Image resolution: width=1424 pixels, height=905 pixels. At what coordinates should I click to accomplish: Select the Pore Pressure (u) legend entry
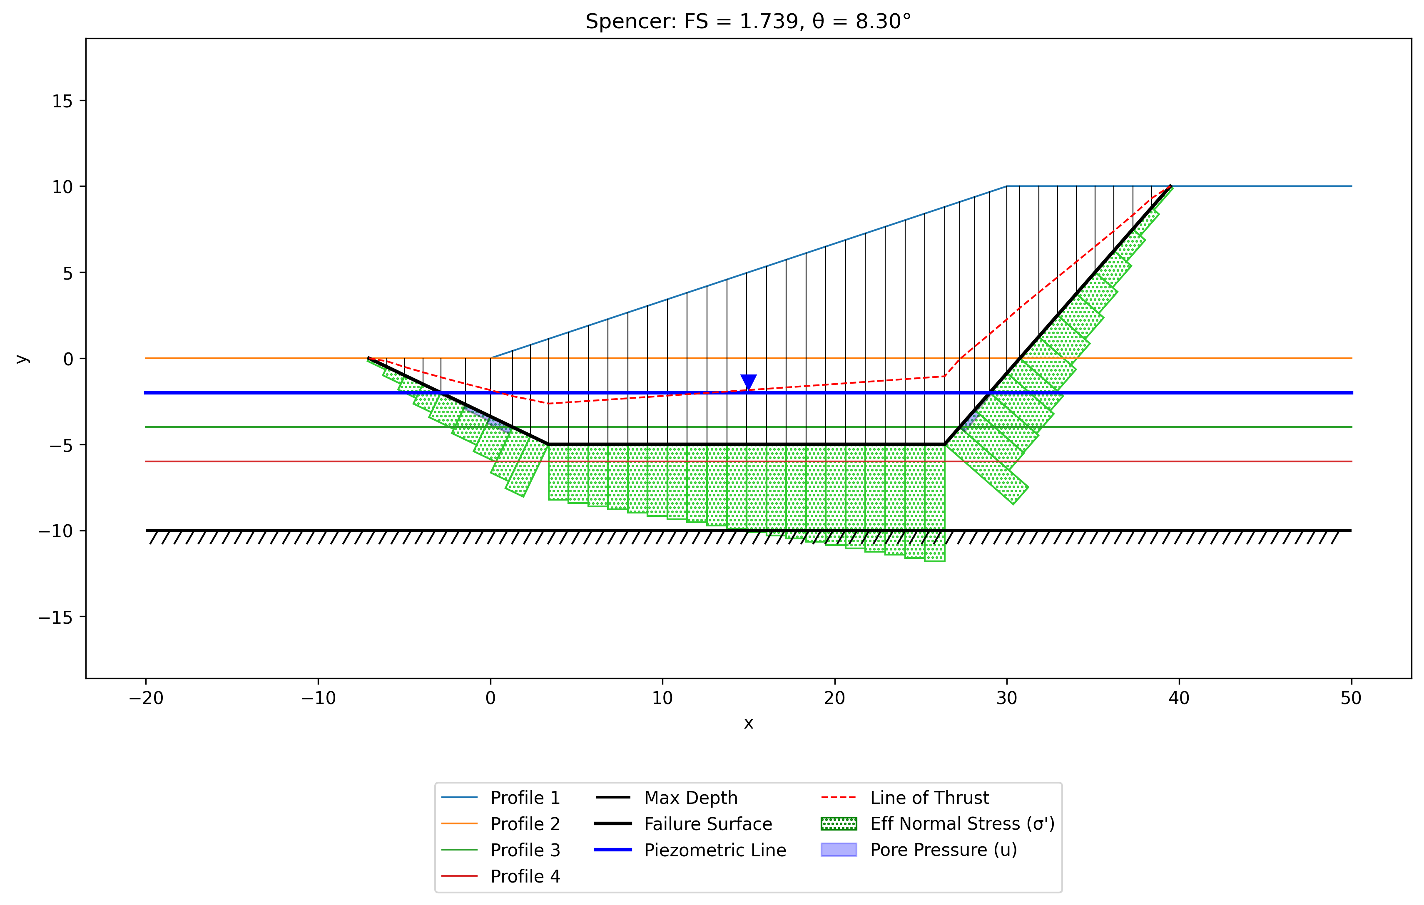point(919,850)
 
